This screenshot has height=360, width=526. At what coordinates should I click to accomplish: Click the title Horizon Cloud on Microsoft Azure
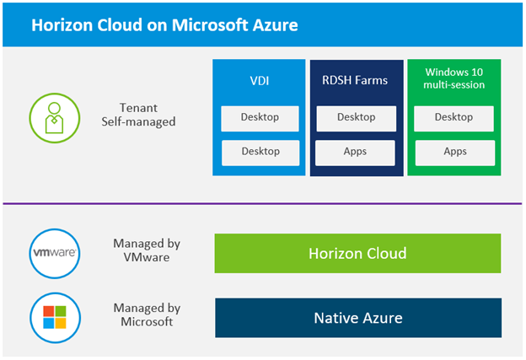[x=164, y=25]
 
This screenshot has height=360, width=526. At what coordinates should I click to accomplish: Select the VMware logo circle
[x=54, y=253]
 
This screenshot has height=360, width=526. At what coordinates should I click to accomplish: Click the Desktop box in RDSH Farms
[x=356, y=118]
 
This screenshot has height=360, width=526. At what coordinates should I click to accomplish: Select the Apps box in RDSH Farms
[x=356, y=153]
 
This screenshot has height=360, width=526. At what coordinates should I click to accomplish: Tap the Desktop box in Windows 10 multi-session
[x=454, y=118]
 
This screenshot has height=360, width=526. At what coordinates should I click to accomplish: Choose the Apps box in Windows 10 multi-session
[x=454, y=153]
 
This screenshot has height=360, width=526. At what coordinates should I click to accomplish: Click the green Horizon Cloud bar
[x=357, y=254]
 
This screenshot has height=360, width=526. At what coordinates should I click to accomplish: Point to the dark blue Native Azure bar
[x=357, y=318]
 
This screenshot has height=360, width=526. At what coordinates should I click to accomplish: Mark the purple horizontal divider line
[x=263, y=204]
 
